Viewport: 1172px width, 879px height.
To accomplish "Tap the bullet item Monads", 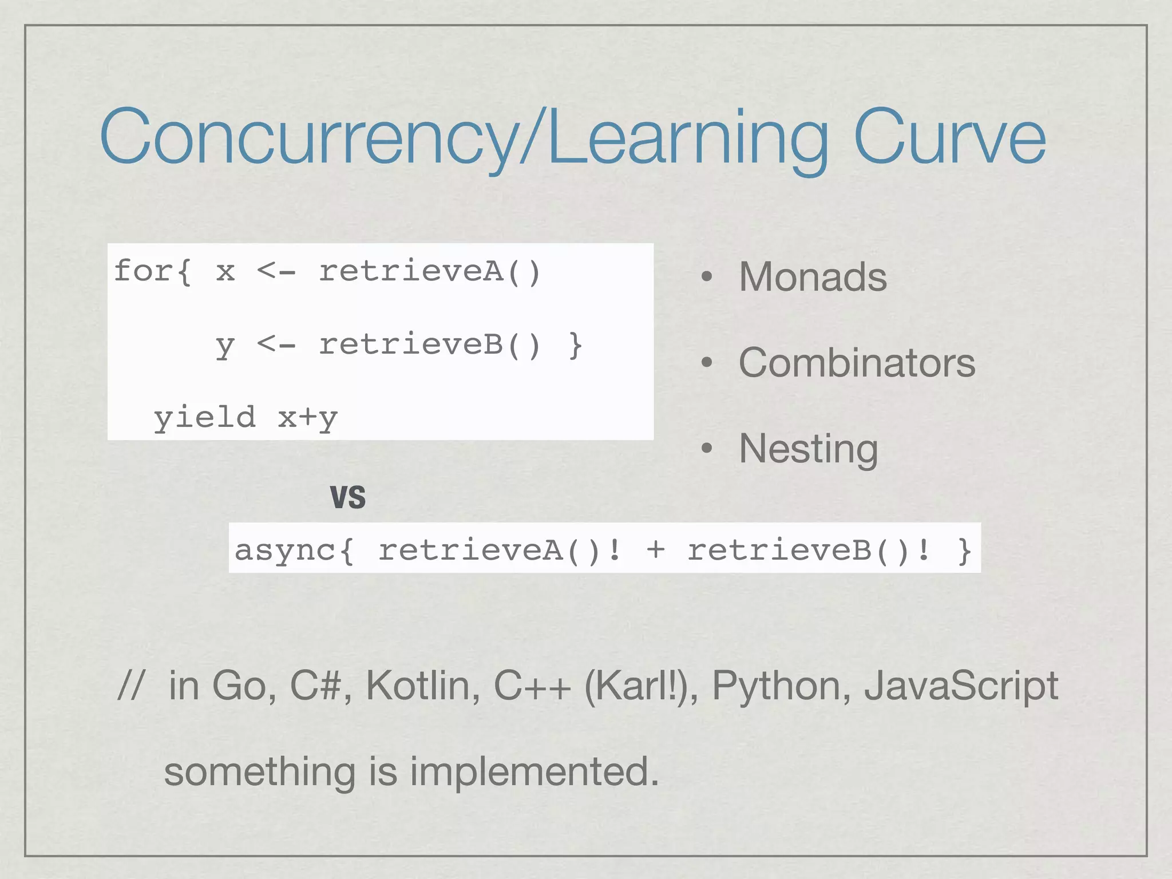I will [813, 277].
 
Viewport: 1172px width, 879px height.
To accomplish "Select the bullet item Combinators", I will [857, 363].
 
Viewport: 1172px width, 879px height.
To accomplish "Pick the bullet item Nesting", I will [808, 449].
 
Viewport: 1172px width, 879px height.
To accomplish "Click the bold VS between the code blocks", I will [348, 497].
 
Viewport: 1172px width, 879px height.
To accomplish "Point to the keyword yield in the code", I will [204, 417].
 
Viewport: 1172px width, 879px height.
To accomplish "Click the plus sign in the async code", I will [656, 550].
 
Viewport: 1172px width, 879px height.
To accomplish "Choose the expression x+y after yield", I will [307, 418].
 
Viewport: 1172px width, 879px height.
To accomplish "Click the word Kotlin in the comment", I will [423, 686].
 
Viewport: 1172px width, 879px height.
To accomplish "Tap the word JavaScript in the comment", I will [961, 686].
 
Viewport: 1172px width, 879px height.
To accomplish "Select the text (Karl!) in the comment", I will [640, 686].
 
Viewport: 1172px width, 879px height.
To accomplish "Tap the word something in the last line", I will [260, 771].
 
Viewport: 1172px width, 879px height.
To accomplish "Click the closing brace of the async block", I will [965, 551].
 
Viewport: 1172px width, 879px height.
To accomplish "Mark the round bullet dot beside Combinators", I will [707, 363].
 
